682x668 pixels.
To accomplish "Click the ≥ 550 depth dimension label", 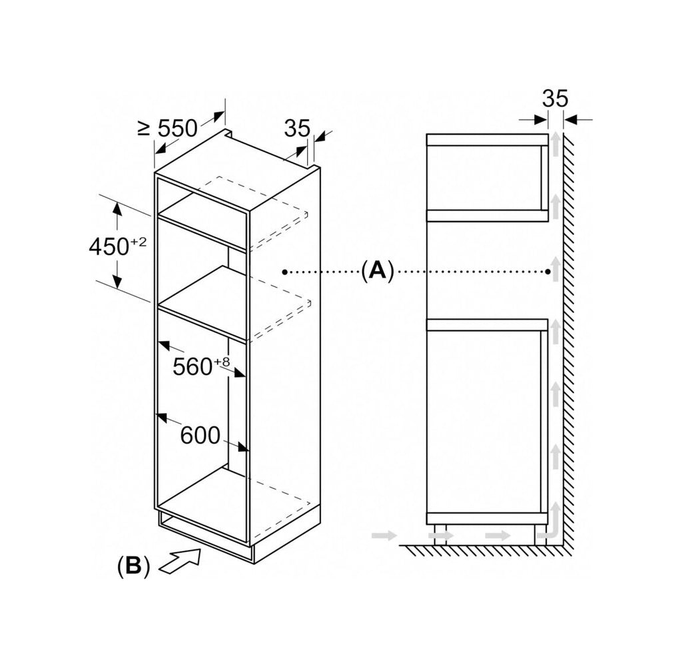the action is pos(168,128).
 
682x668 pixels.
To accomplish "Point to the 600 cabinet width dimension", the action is pos(200,435).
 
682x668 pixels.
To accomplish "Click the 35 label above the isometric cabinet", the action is pos(297,128).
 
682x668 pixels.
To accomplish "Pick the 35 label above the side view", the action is pos(555,99).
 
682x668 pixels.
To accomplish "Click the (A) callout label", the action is pos(377,271).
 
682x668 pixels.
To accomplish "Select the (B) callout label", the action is pos(133,567).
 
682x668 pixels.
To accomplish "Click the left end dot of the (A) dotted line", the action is pos(284,272).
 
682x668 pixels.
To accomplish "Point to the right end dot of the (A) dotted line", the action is pos(548,272).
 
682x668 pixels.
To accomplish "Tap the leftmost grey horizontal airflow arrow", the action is pos(384,535).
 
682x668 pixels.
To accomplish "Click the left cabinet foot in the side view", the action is pos(441,534).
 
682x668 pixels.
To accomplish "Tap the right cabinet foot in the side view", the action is pos(541,534).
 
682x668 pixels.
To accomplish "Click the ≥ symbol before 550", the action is pos(144,129).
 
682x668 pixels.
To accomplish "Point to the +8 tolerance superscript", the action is pos(221,362).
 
